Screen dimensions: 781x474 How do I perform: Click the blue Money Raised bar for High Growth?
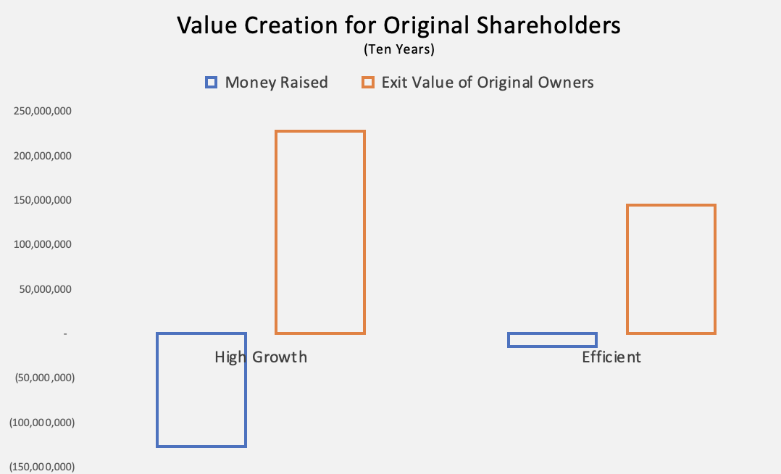[x=157, y=390]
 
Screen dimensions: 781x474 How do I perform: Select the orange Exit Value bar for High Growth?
[x=276, y=232]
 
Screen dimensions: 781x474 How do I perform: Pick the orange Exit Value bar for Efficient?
[x=627, y=269]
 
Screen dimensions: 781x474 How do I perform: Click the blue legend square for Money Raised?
[x=212, y=83]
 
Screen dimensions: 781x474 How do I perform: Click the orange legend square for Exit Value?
[x=368, y=83]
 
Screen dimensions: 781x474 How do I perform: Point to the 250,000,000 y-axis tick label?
[x=43, y=111]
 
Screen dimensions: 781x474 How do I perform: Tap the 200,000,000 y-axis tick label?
[x=43, y=156]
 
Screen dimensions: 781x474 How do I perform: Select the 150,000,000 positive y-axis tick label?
[x=43, y=200]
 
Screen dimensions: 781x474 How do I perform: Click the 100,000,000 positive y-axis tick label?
[x=43, y=245]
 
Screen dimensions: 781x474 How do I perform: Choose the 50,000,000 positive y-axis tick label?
[x=46, y=290]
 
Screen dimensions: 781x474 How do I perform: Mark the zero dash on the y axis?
[x=65, y=333]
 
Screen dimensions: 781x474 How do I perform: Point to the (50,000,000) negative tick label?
[x=45, y=378]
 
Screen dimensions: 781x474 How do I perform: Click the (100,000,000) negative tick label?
[x=42, y=423]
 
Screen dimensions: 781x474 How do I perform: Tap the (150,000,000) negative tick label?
[x=42, y=467]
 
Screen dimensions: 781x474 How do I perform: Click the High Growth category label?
[x=261, y=357]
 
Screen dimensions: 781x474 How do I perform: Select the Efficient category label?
[x=611, y=357]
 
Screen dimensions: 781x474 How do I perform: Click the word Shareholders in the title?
[x=548, y=25]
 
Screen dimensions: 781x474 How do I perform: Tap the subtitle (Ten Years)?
[x=399, y=49]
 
